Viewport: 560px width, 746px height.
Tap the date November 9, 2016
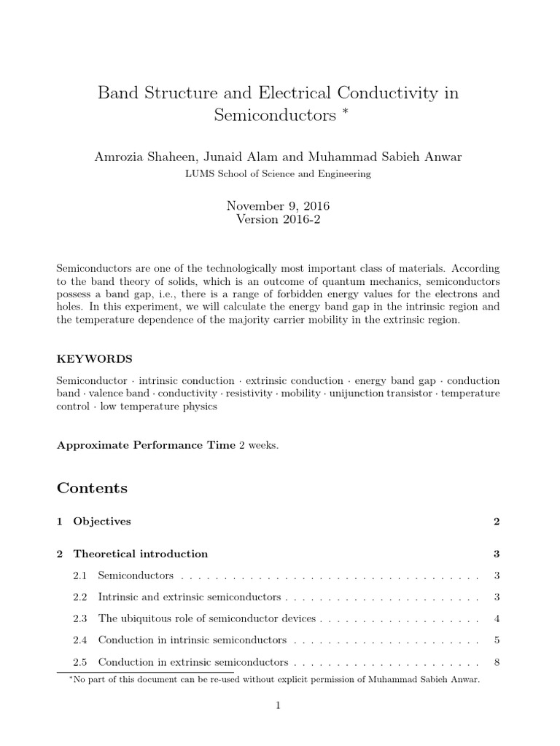coord(279,207)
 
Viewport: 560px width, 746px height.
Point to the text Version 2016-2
coord(279,221)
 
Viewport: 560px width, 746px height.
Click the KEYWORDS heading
coord(94,359)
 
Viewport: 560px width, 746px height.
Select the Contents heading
coord(92,487)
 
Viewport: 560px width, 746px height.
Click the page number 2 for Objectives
coord(496,522)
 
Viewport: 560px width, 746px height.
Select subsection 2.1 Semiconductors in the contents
coord(136,576)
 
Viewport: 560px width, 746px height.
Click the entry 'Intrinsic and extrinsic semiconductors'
coord(190,597)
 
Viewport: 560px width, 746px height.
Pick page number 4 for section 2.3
coord(496,619)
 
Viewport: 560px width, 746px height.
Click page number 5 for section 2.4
coord(496,641)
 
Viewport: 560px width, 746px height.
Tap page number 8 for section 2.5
coord(496,663)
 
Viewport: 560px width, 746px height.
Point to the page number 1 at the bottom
coord(279,705)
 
